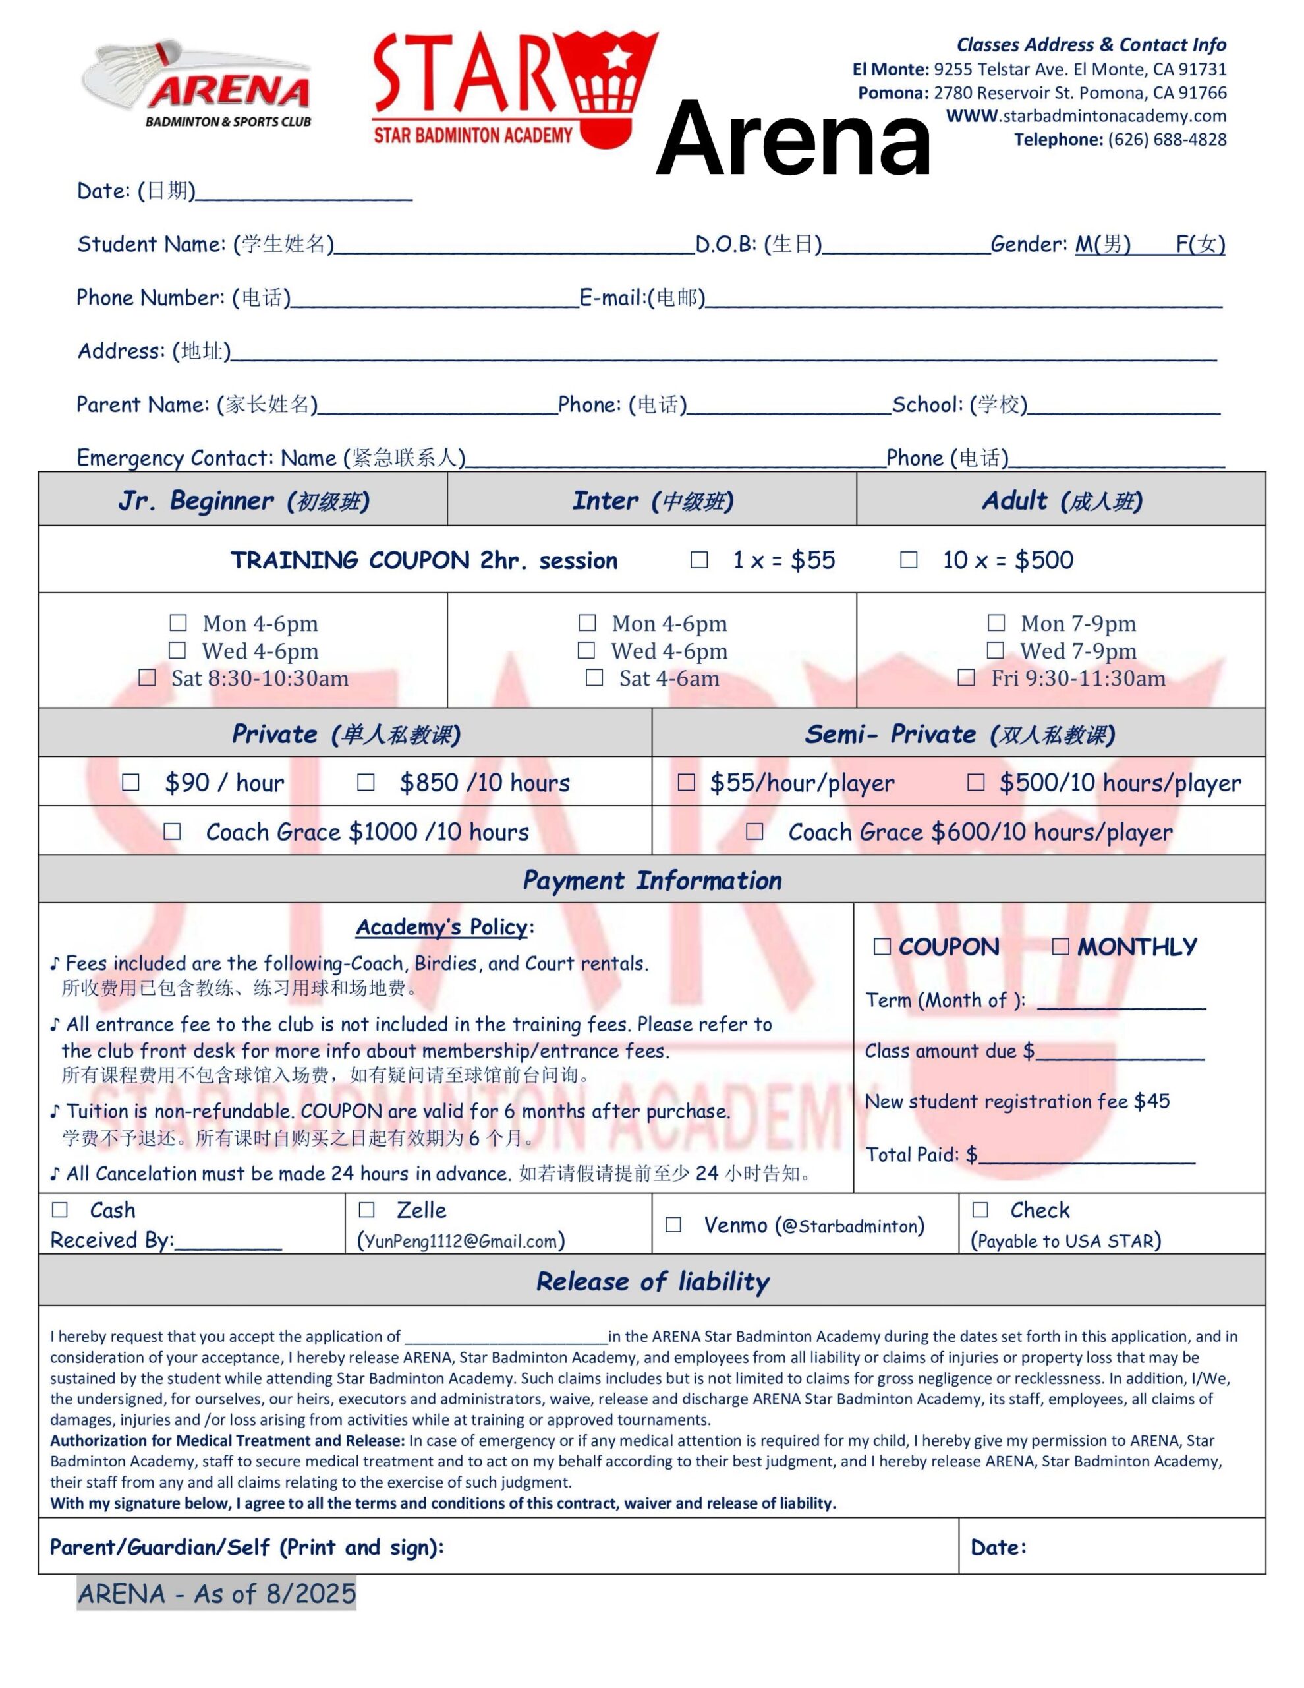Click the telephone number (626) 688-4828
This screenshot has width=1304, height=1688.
point(1166,140)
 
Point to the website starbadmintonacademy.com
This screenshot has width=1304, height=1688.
point(1086,117)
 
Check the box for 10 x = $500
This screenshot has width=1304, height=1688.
point(909,560)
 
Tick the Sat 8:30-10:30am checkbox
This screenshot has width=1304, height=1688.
point(147,678)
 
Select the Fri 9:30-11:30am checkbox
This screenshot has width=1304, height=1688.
point(965,678)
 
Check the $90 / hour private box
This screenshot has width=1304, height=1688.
point(130,782)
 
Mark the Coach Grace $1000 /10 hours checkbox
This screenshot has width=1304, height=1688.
point(172,831)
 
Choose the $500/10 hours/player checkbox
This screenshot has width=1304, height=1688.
point(976,782)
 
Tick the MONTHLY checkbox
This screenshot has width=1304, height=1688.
point(1061,947)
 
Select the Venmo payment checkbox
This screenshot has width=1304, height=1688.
point(673,1225)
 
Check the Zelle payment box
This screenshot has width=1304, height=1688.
point(366,1209)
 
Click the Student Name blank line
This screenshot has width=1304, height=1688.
point(514,247)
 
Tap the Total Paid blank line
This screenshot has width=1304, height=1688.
point(1086,1157)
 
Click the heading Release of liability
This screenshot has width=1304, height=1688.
point(653,1281)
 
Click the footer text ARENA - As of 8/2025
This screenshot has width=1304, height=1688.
point(216,1593)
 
